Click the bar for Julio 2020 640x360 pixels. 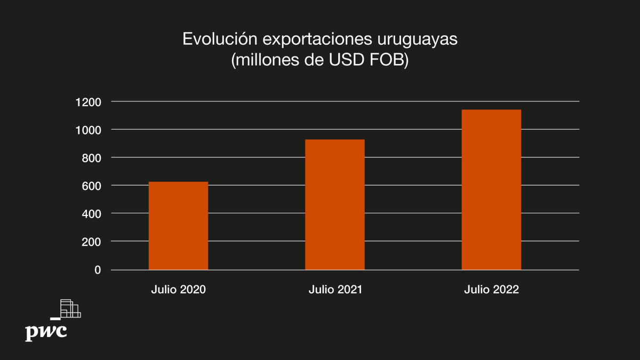[178, 226]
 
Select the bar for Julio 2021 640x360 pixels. [335, 204]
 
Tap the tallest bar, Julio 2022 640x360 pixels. [491, 189]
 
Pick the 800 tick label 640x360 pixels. [92, 157]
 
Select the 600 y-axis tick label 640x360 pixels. [92, 186]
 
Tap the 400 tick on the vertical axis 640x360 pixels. [92, 213]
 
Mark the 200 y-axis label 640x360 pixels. [92, 242]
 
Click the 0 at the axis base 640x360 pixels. [98, 270]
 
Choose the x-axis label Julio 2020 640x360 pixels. [178, 290]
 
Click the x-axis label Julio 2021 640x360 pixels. [335, 290]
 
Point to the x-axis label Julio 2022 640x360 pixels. [491, 290]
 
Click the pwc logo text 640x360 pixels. [46, 331]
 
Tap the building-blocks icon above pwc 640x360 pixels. [69, 309]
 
